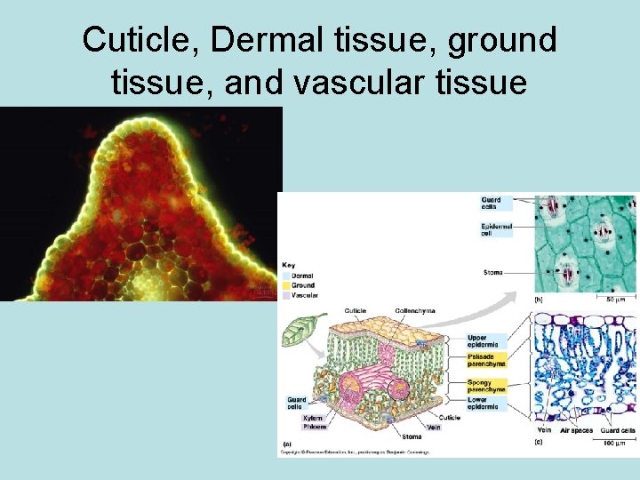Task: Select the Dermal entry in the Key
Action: pos(301,276)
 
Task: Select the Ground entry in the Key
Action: pos(302,285)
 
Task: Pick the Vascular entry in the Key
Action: pos(304,294)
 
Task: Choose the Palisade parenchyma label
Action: pos(487,360)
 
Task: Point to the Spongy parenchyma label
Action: pos(487,386)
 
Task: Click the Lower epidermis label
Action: pos(487,403)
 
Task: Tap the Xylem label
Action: pos(312,418)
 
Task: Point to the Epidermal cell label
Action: pos(496,230)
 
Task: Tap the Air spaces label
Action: pos(577,431)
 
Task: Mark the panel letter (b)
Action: pos(538,300)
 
